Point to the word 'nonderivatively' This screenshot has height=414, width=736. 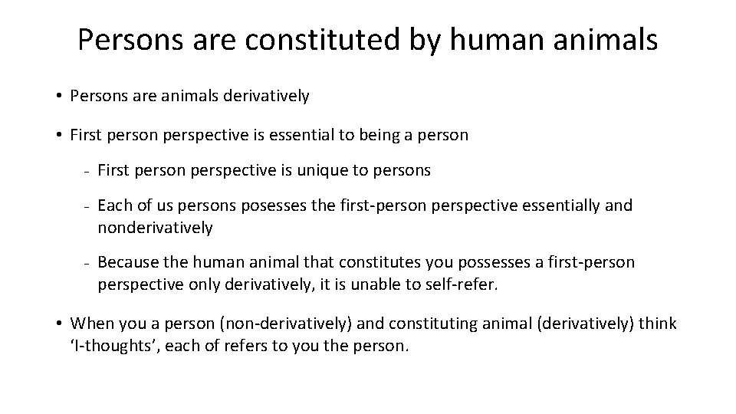pos(155,227)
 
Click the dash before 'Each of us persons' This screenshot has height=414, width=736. pos(88,206)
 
